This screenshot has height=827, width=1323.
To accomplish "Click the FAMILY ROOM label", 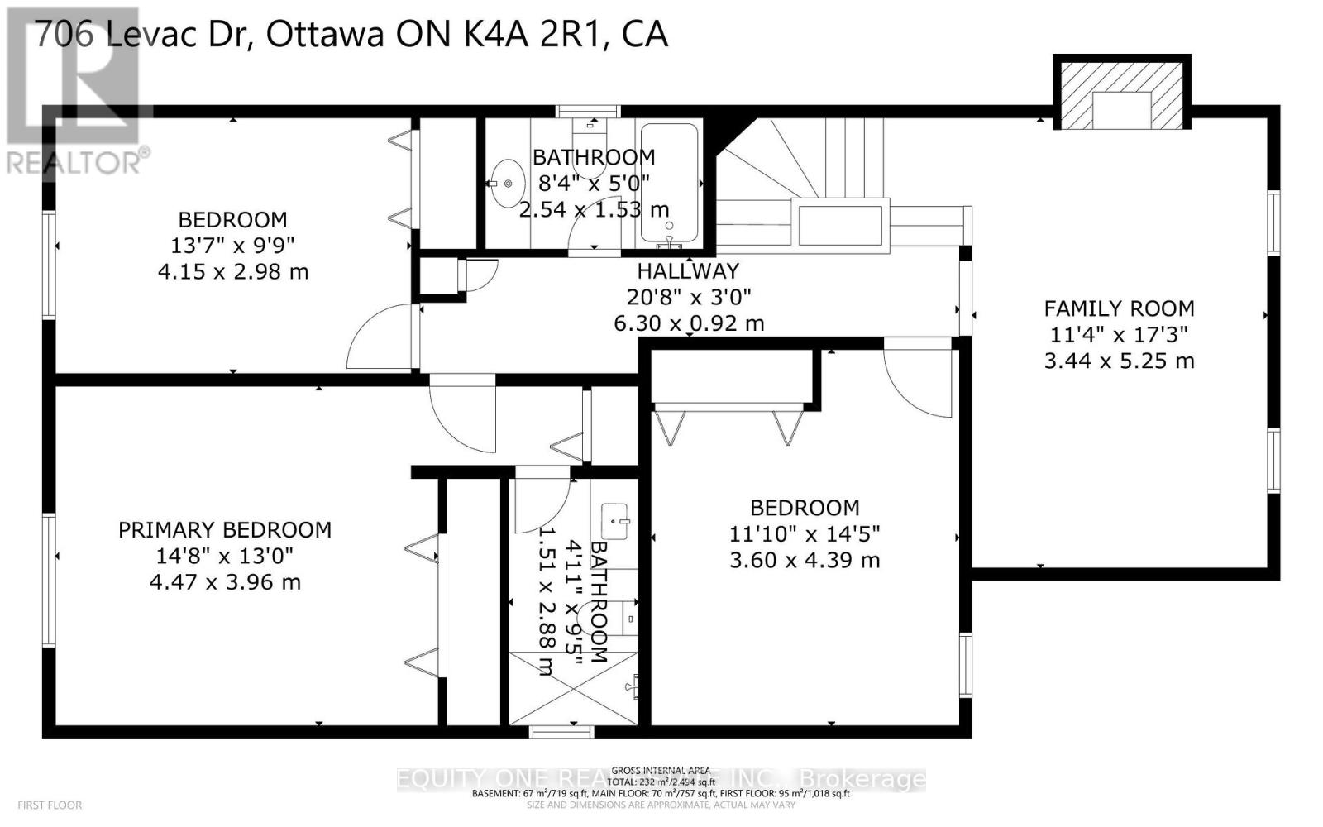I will [1119, 308].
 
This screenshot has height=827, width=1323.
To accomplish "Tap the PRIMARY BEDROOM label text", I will [225, 530].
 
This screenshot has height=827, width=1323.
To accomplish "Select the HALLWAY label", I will [687, 270].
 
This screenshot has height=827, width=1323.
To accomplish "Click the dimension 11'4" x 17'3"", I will [1119, 335].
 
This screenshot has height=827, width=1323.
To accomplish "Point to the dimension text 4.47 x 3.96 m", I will [225, 582].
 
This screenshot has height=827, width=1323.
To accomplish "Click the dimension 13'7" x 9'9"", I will [233, 246].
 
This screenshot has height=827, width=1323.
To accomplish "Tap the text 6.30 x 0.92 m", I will [688, 323].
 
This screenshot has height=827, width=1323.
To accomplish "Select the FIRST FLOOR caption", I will [50, 805].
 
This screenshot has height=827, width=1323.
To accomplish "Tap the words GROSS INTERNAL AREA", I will [661, 770].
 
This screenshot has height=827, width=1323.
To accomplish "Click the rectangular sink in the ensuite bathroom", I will [614, 517].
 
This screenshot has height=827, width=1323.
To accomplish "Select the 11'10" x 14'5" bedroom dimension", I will [804, 534].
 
